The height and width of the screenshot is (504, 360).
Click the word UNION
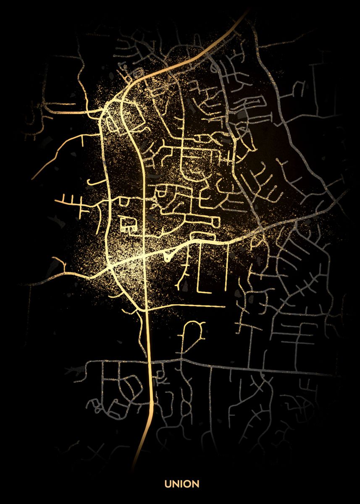182,484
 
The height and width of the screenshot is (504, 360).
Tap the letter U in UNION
167,484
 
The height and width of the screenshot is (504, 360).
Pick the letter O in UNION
187,484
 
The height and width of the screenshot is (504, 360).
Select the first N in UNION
175,484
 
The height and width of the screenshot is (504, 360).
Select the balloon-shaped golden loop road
193,332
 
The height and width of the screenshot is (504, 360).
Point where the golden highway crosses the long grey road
150,361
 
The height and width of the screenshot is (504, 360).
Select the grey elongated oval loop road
254,100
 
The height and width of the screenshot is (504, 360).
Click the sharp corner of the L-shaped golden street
199,291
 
